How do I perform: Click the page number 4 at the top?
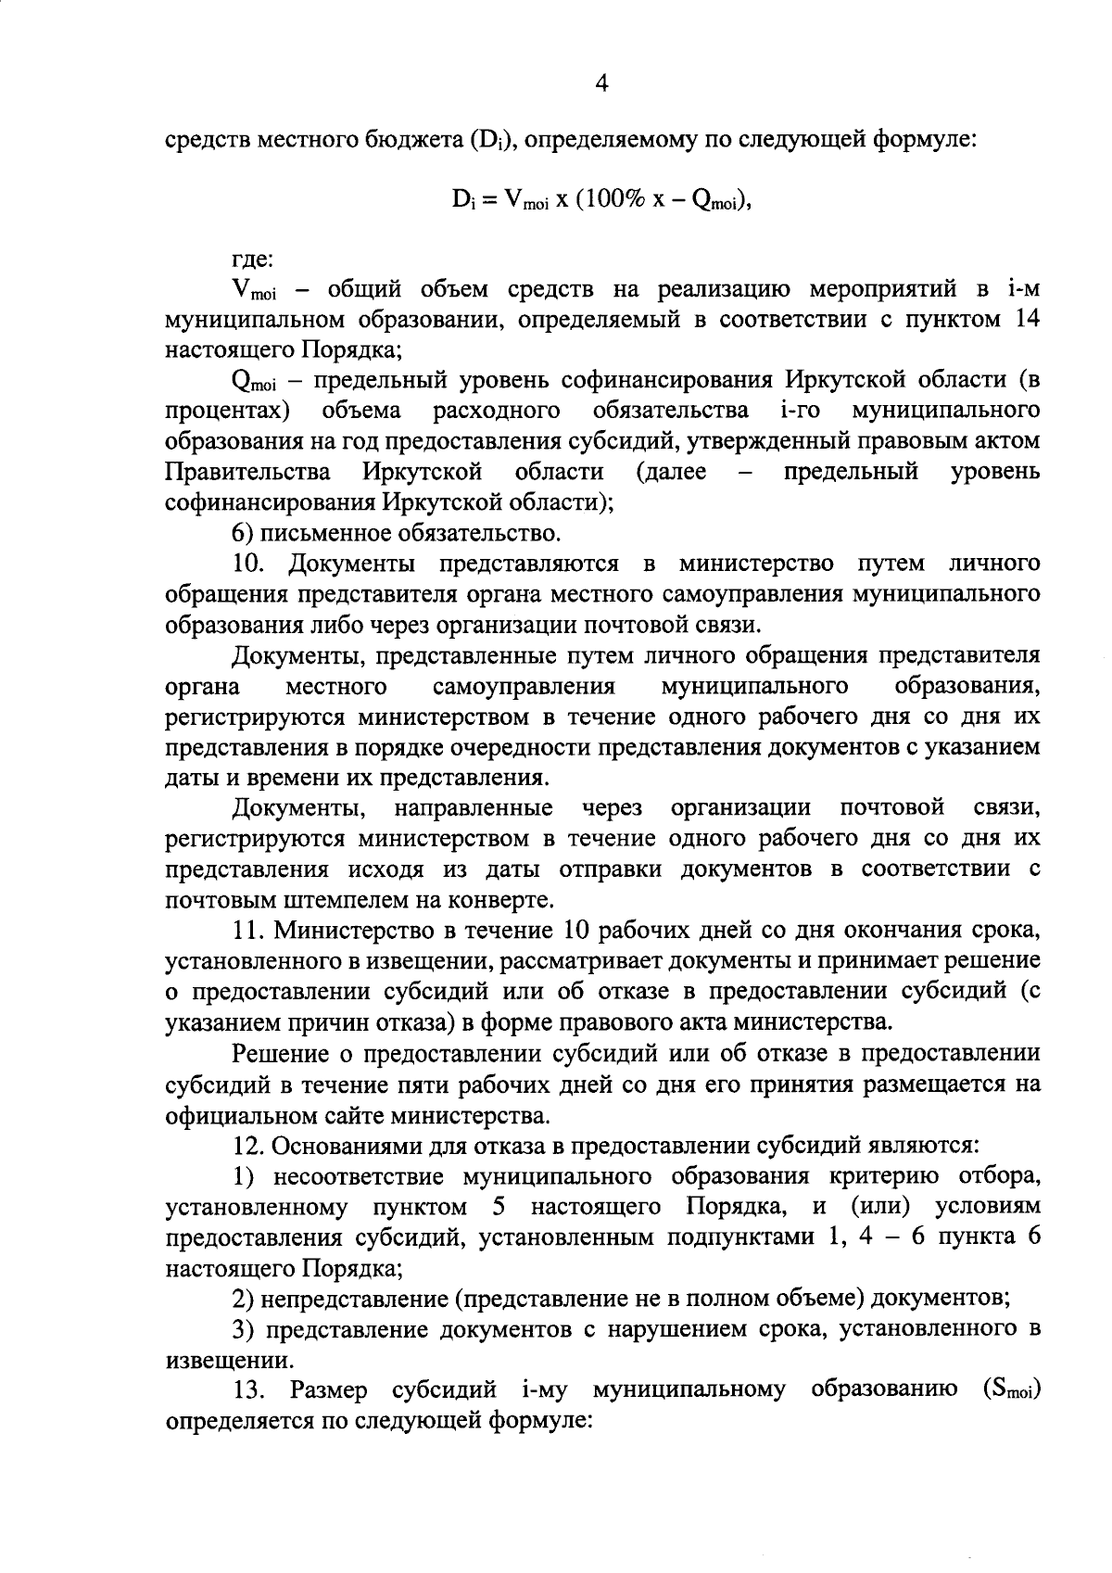click(601, 84)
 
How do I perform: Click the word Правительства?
click(247, 473)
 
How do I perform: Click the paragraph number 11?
click(247, 931)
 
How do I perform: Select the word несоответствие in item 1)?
click(350, 1176)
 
